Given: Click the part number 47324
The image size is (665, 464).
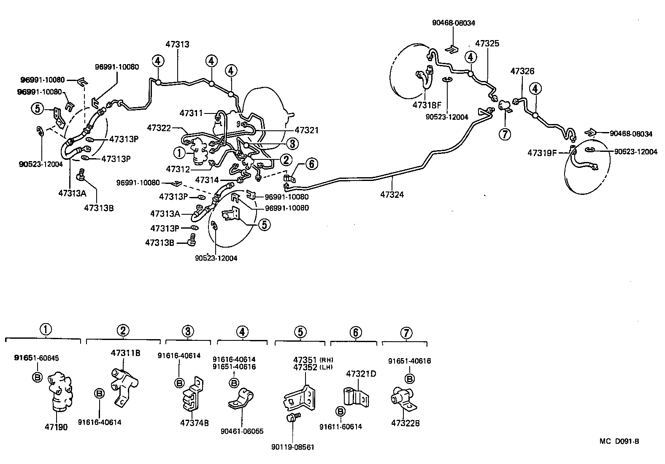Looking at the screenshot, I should [392, 195].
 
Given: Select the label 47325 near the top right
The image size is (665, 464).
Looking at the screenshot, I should [487, 43].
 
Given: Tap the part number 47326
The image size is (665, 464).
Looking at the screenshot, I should [522, 71].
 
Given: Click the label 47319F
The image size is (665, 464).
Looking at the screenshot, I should [542, 153].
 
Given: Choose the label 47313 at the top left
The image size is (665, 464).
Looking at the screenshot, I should [177, 44].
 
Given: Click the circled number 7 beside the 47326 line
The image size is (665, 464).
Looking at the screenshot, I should [505, 134].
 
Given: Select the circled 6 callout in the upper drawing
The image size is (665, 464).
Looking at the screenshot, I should [311, 164].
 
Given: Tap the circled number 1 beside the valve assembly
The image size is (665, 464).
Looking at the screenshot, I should [179, 152].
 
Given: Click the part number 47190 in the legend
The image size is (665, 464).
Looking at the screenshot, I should [56, 427].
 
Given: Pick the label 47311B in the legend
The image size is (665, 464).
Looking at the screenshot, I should [125, 353].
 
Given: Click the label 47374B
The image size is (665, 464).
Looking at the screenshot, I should [194, 423].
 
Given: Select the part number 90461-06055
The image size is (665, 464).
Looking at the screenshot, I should [242, 431].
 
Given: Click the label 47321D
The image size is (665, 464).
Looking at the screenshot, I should [361, 374].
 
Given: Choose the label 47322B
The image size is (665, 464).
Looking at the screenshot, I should [405, 423].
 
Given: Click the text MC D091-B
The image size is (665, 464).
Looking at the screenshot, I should [619, 442].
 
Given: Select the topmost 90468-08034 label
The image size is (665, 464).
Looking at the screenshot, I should [453, 23].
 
